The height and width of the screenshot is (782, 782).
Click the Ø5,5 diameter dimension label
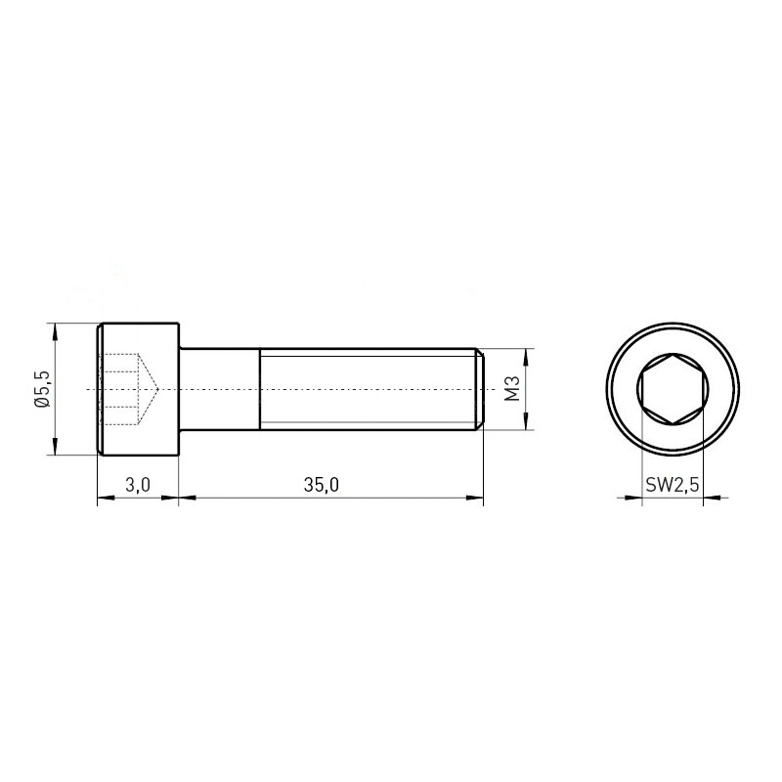43,389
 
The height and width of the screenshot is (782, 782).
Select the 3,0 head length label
138,485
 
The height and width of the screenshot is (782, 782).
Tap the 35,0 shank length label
322,485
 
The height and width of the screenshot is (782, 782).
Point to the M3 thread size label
512,389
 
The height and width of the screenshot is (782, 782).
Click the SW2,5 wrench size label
673,485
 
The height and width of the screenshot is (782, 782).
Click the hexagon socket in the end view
673,389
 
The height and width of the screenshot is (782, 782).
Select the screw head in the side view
138,389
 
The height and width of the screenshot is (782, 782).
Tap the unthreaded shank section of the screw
219,389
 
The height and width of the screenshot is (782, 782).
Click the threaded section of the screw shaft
369,389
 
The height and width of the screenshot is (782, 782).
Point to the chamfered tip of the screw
480,389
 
